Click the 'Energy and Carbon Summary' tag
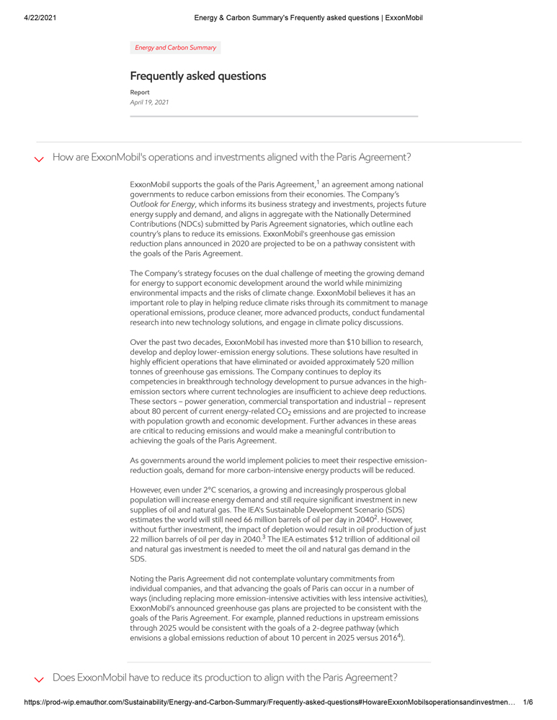pyautogui.click(x=175, y=48)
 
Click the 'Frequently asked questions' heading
pyautogui.click(x=198, y=76)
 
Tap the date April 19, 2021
pyautogui.click(x=149, y=102)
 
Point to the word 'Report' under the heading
pyautogui.click(x=140, y=92)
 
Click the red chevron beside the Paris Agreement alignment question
pyautogui.click(x=40, y=159)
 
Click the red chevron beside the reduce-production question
pyautogui.click(x=40, y=679)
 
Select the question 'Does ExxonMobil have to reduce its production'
pyautogui.click(x=225, y=678)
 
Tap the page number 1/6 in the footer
pyautogui.click(x=528, y=702)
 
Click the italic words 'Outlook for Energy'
pyautogui.click(x=162, y=204)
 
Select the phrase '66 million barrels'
pyautogui.click(x=274, y=519)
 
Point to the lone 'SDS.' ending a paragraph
pyautogui.click(x=138, y=559)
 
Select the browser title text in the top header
pyautogui.click(x=308, y=17)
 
